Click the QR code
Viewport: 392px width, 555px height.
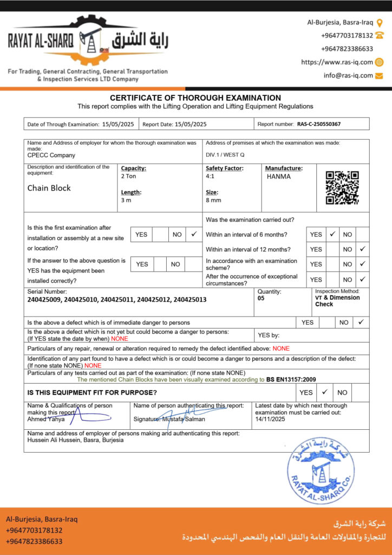342,188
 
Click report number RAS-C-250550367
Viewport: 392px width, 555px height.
319,124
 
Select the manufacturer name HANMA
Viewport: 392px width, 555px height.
279,177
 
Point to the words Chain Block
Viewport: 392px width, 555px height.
49,188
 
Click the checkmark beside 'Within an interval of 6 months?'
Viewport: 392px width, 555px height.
333,235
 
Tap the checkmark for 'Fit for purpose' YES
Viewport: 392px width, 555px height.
324,392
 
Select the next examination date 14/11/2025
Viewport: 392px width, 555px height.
270,419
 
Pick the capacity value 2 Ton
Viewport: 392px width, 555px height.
129,177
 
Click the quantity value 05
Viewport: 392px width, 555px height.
261,298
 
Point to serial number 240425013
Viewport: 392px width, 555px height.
190,299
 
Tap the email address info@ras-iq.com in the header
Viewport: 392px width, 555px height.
348,76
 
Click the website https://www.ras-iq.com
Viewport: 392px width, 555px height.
337,62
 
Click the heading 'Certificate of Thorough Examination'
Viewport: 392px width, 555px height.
195,98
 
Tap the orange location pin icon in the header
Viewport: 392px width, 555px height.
380,23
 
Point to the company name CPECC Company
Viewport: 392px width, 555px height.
51,154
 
